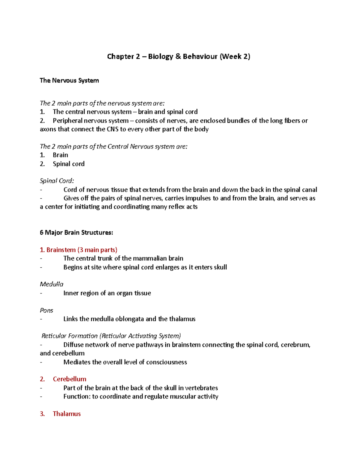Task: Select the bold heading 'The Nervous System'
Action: click(69, 80)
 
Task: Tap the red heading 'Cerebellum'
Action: click(70, 379)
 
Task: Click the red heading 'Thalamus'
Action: click(67, 414)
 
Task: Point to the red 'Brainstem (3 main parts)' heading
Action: click(79, 250)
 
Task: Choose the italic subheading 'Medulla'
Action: click(52, 284)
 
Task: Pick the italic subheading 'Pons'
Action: click(46, 310)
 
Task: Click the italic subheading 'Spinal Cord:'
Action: click(57, 181)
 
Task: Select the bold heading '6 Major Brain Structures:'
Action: click(76, 233)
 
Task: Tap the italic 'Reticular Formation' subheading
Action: click(70, 336)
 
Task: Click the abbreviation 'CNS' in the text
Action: click(112, 129)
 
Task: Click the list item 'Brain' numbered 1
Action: click(60, 155)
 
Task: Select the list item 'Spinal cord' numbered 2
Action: click(69, 164)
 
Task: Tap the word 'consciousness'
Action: click(166, 362)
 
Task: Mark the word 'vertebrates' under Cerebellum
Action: click(201, 388)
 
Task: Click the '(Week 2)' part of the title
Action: click(235, 56)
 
